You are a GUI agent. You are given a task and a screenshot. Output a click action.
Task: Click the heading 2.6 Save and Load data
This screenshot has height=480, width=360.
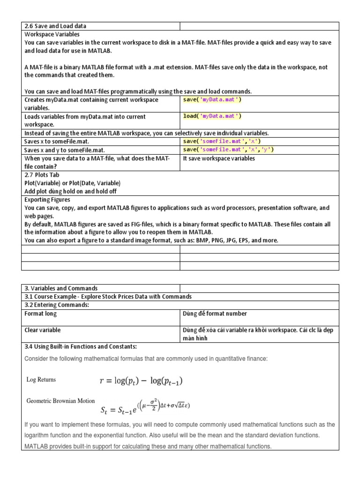point(55,26)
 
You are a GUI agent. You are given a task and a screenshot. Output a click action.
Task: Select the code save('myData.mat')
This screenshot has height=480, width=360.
point(212,100)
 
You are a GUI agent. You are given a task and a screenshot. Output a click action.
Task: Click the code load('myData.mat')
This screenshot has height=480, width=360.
point(212,116)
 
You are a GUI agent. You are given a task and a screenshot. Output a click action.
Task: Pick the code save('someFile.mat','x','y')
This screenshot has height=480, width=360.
point(228,150)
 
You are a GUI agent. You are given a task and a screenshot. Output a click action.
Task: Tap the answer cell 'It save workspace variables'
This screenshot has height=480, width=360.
point(219,158)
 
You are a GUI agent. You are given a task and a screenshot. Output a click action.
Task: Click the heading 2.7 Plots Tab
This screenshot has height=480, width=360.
point(43,175)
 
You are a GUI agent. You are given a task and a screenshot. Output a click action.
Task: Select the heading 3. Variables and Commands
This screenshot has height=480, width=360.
point(61,288)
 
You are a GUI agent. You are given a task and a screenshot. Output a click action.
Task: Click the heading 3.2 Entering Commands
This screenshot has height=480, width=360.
point(57,305)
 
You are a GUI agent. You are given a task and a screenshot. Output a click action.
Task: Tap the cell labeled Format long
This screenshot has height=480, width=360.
point(41,314)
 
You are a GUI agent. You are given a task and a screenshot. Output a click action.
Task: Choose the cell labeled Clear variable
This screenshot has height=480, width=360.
point(43,330)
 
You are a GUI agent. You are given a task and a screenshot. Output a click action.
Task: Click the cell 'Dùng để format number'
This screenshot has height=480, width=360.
point(215,314)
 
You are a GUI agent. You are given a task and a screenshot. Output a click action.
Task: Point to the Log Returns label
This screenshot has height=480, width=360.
point(41,380)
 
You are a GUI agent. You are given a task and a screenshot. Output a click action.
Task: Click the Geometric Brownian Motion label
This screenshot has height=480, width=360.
point(60,401)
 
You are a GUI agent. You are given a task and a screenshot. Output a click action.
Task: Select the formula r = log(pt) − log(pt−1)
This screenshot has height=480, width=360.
point(141,381)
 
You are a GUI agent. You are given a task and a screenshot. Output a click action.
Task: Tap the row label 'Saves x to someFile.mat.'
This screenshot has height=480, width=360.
point(56,142)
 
